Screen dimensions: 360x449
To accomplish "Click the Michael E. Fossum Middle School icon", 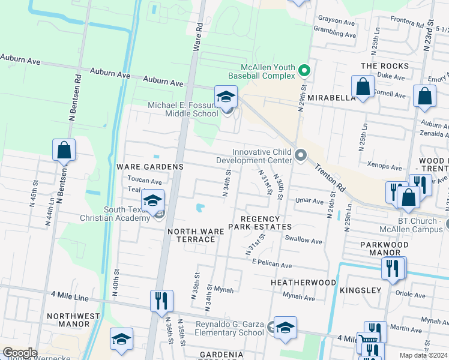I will click(x=226, y=97).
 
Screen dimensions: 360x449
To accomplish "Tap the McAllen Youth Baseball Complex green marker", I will click(x=304, y=71).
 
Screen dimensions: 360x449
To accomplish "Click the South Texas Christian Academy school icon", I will click(x=153, y=200).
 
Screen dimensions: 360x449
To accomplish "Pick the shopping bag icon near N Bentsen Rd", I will click(x=64, y=150).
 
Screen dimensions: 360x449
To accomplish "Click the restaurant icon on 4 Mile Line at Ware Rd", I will click(x=161, y=301).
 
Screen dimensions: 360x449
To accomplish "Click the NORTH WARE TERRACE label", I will click(x=191, y=235).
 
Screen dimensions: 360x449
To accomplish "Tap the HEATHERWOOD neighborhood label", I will click(x=303, y=282).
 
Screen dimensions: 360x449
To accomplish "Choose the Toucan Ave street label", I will click(x=145, y=181).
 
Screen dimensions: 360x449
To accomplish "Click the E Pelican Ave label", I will click(x=272, y=265).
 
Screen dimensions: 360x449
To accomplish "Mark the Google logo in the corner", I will click(x=20, y=353).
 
